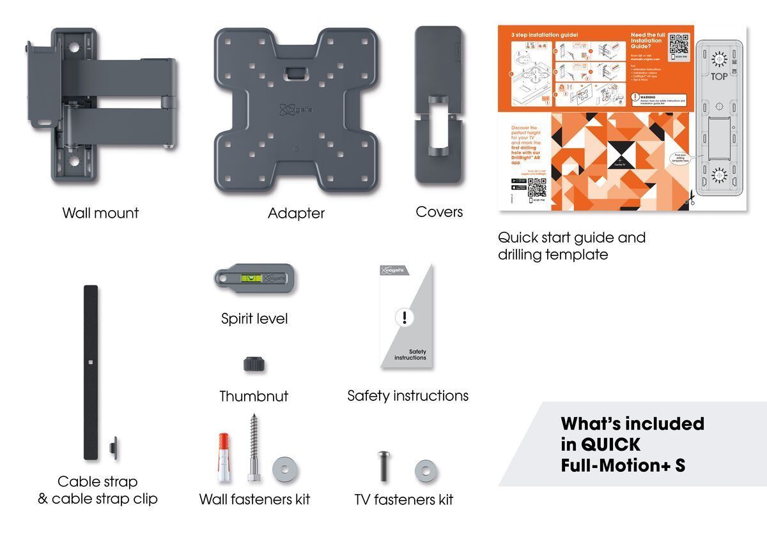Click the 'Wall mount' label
click(x=100, y=213)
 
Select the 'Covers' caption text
click(x=439, y=212)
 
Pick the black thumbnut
click(x=254, y=365)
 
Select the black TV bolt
click(x=382, y=467)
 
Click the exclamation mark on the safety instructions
click(x=403, y=317)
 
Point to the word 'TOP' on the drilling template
click(x=720, y=77)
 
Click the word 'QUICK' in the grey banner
click(x=600, y=445)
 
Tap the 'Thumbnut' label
click(x=254, y=396)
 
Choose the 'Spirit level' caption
click(x=254, y=319)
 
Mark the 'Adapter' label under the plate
click(x=296, y=214)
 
